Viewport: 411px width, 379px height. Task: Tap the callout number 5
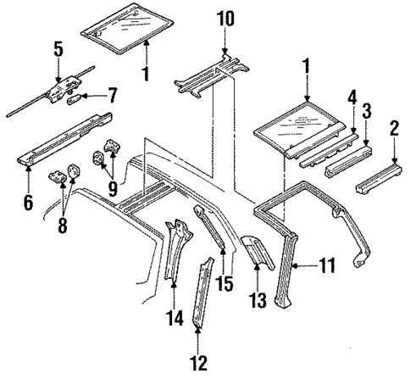58,49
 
